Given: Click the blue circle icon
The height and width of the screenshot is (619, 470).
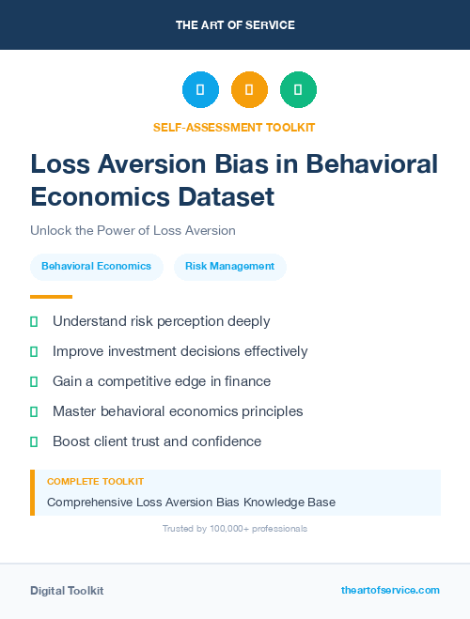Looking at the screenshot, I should pos(200,90).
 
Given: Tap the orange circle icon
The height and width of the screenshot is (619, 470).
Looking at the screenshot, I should pos(249,90).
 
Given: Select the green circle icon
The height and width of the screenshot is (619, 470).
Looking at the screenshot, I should pos(298,90).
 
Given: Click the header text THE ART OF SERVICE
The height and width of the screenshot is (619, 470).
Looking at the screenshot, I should pos(235,25).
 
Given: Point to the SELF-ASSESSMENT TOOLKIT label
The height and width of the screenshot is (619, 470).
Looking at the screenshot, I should pos(234,127).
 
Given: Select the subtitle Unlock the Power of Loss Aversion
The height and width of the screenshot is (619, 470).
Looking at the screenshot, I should pos(133,230).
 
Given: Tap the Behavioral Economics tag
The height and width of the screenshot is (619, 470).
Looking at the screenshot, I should pos(96,267).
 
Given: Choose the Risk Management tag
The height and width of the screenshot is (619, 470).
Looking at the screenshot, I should pos(229,267).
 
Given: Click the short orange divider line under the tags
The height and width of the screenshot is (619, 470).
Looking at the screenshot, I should pos(45,297).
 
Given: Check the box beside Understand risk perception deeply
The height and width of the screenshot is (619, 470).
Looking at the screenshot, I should pos(34,321).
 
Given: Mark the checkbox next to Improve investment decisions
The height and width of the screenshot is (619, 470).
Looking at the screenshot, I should pos(34,351).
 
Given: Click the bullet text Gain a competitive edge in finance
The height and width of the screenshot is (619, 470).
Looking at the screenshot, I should pos(162,381).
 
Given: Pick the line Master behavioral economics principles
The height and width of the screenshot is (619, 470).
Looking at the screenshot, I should pos(178,411).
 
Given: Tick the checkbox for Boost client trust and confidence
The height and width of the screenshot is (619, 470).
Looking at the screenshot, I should pos(34,441).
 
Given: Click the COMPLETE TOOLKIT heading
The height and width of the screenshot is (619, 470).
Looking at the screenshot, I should pos(95,482).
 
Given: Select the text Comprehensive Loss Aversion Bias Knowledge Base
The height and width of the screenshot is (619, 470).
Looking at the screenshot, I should pos(191,502).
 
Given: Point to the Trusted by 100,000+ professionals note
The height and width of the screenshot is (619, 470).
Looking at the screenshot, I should pos(235,529).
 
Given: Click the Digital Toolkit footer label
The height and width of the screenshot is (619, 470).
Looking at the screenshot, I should pos(67,591).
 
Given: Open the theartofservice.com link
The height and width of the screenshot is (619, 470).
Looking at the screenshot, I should pos(390,591).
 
